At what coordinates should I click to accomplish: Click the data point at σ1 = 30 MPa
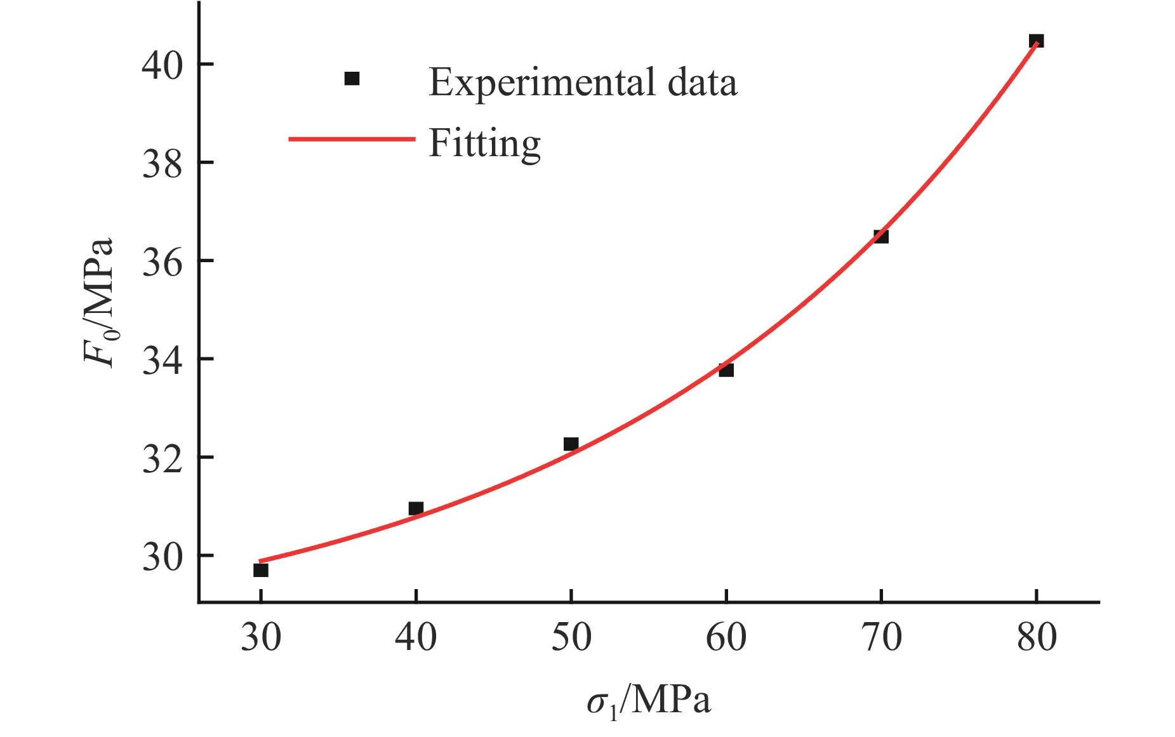(x=260, y=570)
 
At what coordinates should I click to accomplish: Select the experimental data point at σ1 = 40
(x=416, y=508)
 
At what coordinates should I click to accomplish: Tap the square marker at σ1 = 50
(x=571, y=444)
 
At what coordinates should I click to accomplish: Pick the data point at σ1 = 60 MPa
(x=726, y=369)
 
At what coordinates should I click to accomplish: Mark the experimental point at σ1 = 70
(x=881, y=236)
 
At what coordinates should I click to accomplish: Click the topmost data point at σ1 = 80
(x=1036, y=41)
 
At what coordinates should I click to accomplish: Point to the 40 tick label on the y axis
(x=162, y=65)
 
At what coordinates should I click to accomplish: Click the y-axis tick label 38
(x=162, y=163)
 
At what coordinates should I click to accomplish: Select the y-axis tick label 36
(x=162, y=262)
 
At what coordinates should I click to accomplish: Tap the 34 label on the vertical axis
(x=162, y=360)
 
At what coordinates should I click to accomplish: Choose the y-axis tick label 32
(x=162, y=458)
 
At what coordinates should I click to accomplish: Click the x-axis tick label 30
(x=260, y=637)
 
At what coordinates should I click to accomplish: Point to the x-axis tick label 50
(x=571, y=637)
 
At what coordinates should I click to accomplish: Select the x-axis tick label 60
(x=726, y=637)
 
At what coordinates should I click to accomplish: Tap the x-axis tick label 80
(x=1036, y=637)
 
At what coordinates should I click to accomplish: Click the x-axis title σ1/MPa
(x=648, y=701)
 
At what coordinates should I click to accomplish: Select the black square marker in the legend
(x=352, y=79)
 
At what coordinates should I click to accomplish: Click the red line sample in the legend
(x=352, y=139)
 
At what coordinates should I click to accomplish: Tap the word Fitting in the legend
(x=484, y=143)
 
